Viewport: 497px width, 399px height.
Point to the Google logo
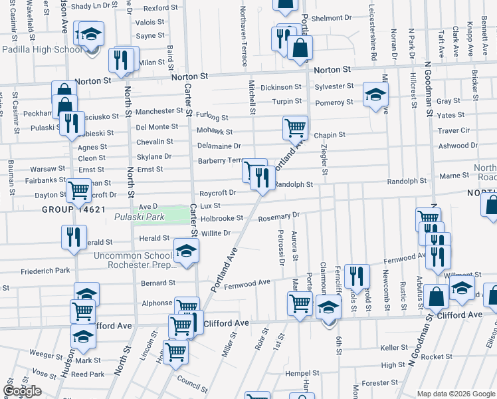coord(23,391)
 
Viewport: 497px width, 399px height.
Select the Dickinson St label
coord(281,87)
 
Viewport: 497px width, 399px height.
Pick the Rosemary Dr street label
coord(279,216)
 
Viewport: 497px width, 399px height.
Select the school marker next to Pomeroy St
coord(375,95)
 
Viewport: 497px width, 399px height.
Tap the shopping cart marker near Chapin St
coord(295,126)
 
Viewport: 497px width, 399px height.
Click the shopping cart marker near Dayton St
coord(79,190)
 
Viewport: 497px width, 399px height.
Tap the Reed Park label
coord(88,374)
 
